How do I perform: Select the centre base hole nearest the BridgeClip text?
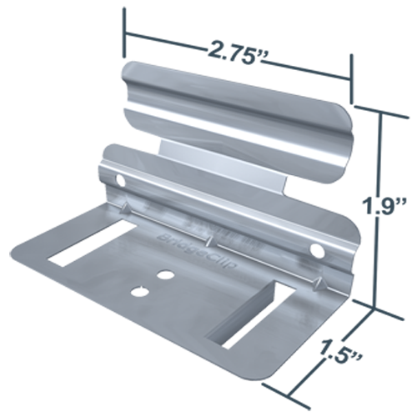(167, 274)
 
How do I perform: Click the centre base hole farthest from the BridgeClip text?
(137, 290)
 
